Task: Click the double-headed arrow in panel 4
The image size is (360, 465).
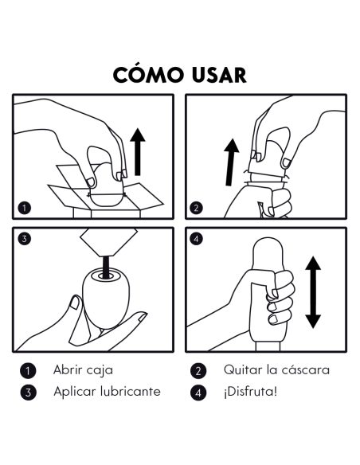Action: [312, 291]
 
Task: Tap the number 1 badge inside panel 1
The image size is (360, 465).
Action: [25, 209]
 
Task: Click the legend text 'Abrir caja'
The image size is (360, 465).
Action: [83, 369]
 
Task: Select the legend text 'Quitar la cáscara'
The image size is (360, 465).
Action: [276, 369]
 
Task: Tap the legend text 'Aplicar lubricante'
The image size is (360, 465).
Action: [107, 391]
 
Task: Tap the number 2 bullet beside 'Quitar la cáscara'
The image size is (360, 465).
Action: [199, 370]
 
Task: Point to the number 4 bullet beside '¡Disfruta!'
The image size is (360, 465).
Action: [199, 392]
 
